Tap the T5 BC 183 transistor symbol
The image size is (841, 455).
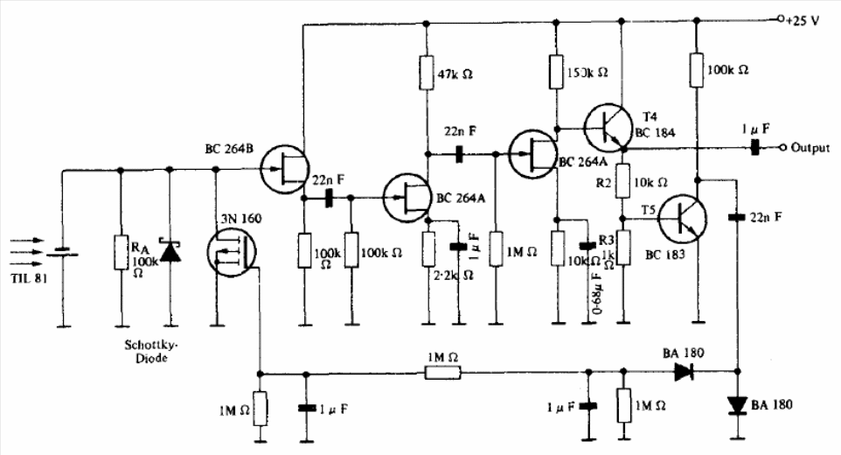[682, 220]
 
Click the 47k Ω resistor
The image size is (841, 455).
[427, 73]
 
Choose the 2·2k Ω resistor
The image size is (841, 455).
[427, 248]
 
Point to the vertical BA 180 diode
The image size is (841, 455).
[736, 405]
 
